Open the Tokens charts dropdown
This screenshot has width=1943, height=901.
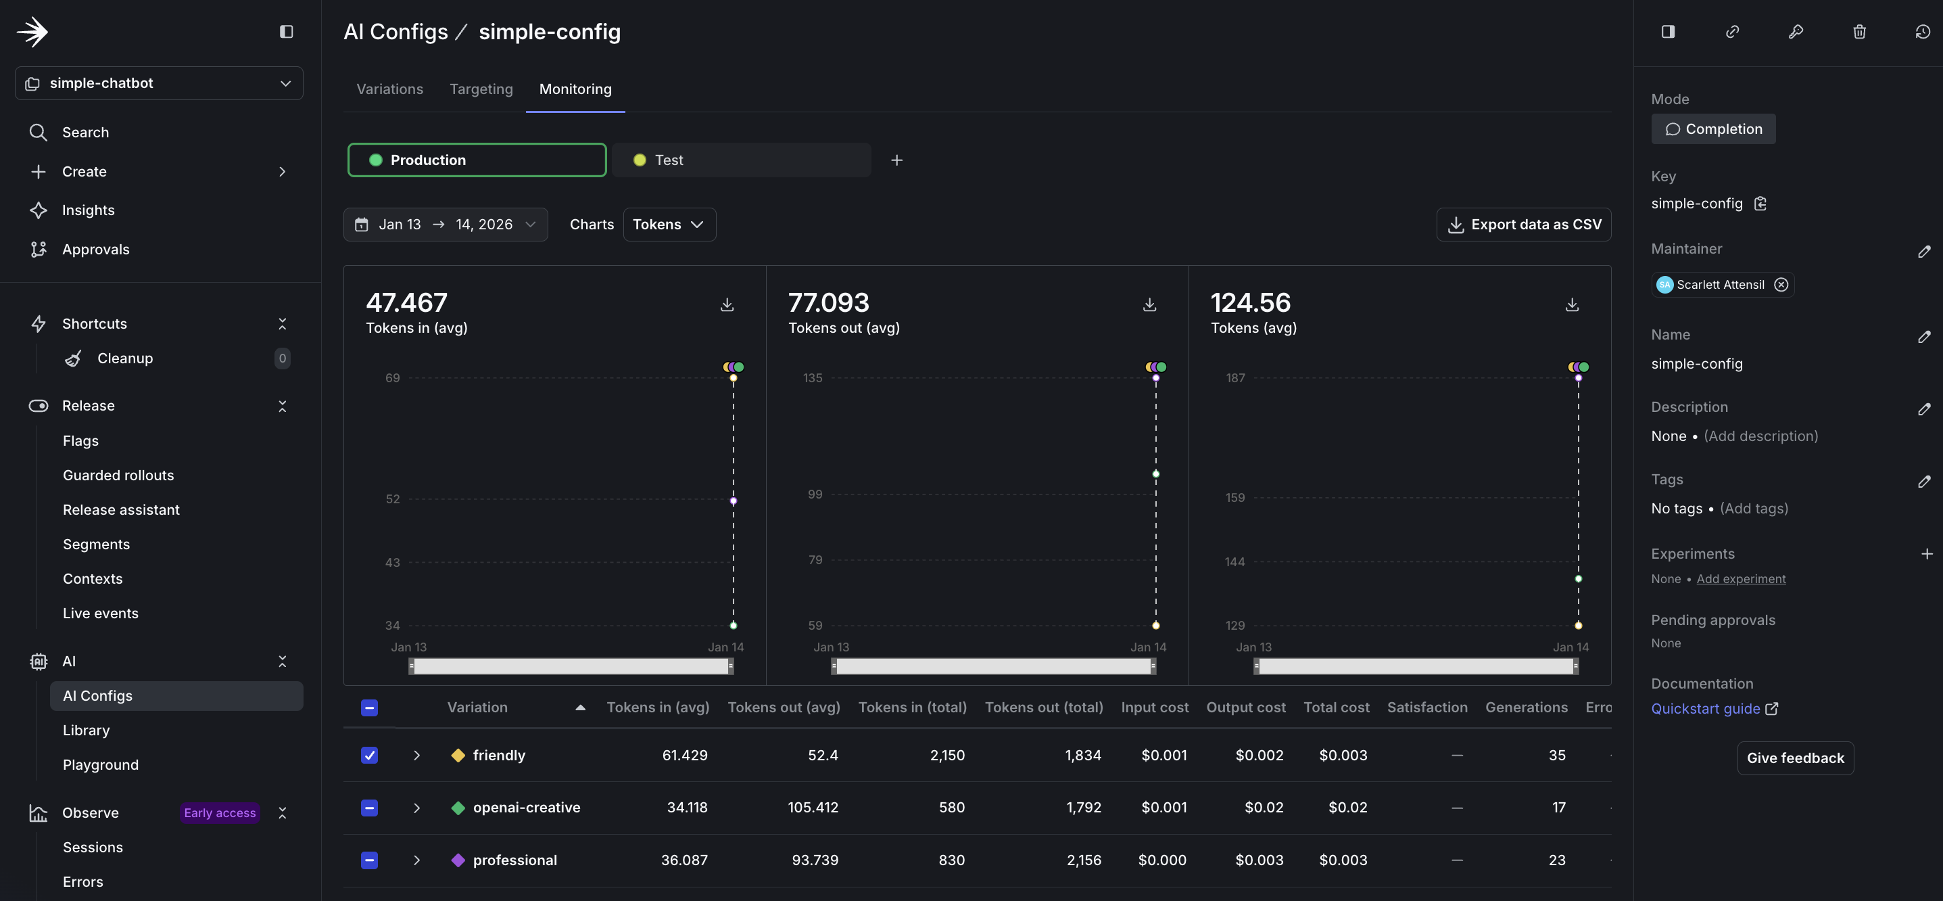[x=668, y=224]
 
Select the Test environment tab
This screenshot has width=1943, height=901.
[x=741, y=160]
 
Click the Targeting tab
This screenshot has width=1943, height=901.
[x=481, y=89]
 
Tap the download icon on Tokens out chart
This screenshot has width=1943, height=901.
[x=1149, y=305]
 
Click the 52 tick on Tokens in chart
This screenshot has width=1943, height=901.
[x=392, y=499]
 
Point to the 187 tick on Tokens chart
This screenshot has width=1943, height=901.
[x=1234, y=377]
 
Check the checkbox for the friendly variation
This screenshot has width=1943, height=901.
[x=369, y=756]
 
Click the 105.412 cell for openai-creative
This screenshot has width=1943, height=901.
[x=813, y=808]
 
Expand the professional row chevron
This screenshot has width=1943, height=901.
[x=416, y=860]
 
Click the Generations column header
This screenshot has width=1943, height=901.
[x=1526, y=707]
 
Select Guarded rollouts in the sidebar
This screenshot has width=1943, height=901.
[x=118, y=476]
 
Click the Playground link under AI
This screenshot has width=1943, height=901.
[x=100, y=764]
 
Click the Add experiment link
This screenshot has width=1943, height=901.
[x=1741, y=579]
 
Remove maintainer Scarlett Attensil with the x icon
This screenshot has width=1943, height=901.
[x=1781, y=285]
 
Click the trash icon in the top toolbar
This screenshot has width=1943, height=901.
[x=1859, y=32]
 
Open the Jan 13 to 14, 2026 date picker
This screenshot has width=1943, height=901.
[x=445, y=224]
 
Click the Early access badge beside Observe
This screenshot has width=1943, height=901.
[x=220, y=812]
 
